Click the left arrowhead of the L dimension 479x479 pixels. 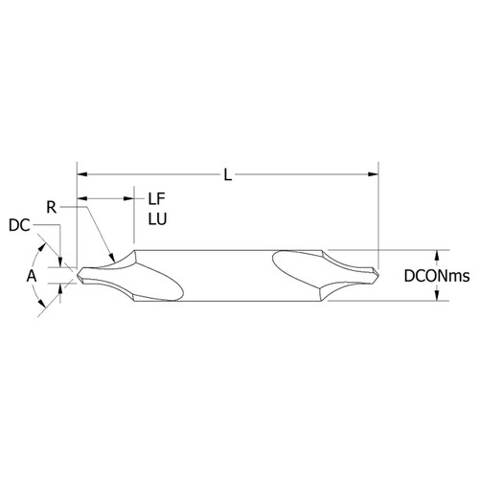coord(82,174)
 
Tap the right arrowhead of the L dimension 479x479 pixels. coord(373,174)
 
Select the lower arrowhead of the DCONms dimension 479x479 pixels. coord(439,295)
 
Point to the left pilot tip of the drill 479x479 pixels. coord(81,275)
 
